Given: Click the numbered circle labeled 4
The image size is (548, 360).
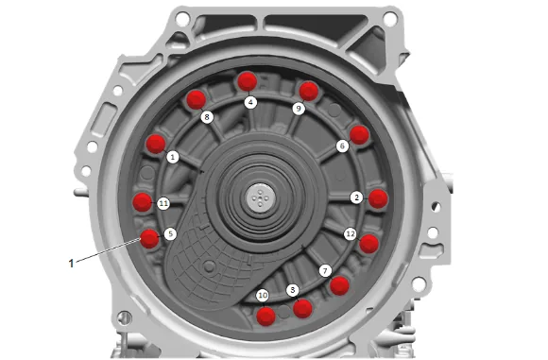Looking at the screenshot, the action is click(x=250, y=102).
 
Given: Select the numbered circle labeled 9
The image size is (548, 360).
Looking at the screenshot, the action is click(x=299, y=109).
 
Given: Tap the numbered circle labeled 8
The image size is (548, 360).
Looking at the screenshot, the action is click(x=207, y=117).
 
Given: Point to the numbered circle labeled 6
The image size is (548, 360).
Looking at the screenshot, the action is click(x=342, y=146).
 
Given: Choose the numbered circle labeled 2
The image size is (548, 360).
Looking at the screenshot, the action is click(x=357, y=197).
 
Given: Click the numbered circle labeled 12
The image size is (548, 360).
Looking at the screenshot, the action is click(x=351, y=234).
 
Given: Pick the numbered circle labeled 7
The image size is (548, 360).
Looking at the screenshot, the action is click(x=325, y=271).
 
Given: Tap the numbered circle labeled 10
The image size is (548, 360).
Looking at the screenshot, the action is click(x=263, y=296).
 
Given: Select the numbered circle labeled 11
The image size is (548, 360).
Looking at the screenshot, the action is click(x=163, y=203).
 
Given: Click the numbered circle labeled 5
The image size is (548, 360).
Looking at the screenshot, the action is click(x=170, y=233).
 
